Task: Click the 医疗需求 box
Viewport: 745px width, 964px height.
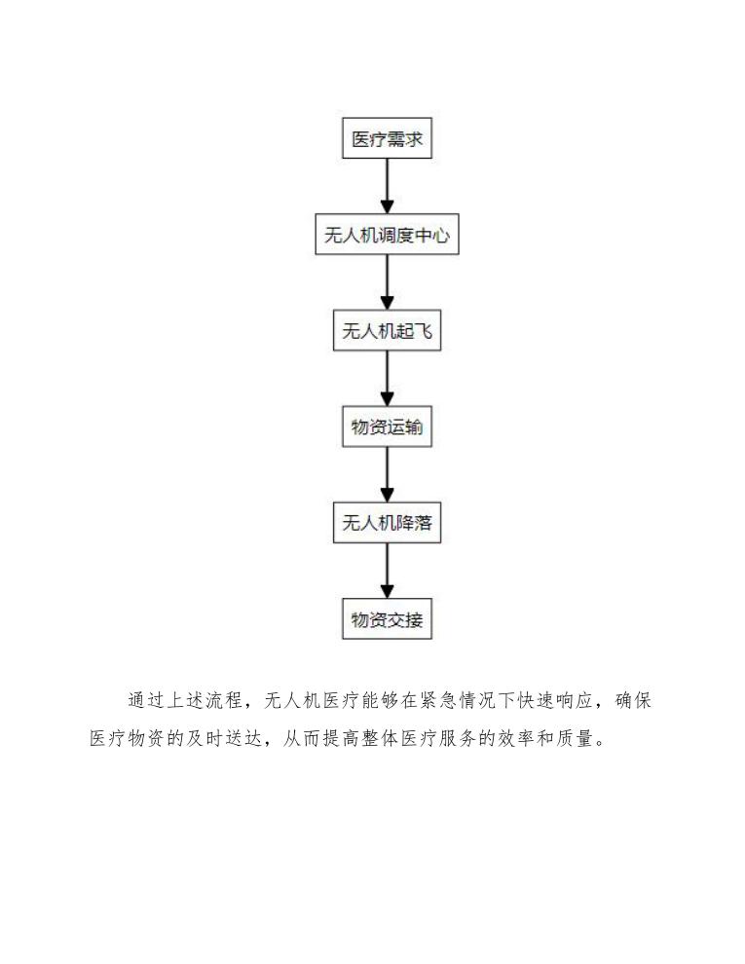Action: [x=387, y=140]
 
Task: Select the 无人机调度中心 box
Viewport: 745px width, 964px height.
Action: [x=387, y=236]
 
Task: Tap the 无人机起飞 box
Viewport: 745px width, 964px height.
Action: [x=387, y=331]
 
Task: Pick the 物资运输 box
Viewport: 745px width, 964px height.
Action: [x=387, y=427]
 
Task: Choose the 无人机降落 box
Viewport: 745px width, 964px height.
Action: [x=387, y=523]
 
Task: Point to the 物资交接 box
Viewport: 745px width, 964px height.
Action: [x=387, y=619]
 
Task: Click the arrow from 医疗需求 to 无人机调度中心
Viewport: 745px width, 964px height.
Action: [x=387, y=188]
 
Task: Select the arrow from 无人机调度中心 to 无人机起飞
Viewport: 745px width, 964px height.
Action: [x=387, y=283]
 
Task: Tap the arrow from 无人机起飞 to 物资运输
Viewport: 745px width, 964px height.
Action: [x=387, y=380]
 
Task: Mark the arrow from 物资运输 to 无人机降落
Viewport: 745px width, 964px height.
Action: [x=387, y=475]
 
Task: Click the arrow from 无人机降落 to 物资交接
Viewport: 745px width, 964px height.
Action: [x=387, y=571]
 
